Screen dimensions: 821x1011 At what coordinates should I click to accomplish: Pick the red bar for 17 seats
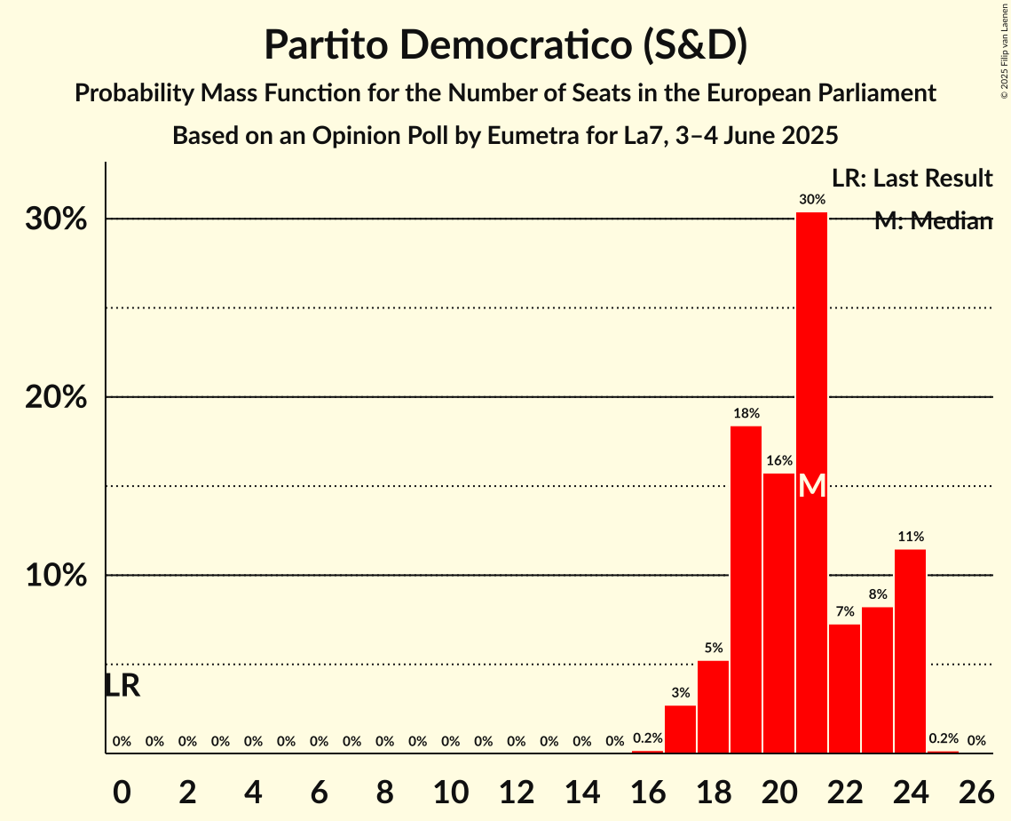(680, 729)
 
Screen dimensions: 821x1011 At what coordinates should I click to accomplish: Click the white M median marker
(811, 486)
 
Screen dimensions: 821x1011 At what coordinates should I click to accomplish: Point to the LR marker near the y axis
(122, 686)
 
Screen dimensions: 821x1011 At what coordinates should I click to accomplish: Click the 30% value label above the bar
(811, 200)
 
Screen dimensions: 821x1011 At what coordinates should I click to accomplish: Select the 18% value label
(746, 413)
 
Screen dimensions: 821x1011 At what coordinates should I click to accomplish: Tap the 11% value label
(910, 537)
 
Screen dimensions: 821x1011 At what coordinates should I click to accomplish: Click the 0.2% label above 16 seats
(647, 738)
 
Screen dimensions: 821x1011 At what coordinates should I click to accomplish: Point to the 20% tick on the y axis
(55, 397)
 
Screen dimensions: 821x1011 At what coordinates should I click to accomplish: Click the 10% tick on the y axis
(55, 576)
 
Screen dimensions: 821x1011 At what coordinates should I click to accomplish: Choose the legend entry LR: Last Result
(912, 179)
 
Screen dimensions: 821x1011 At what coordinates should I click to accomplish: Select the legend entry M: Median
(932, 221)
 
